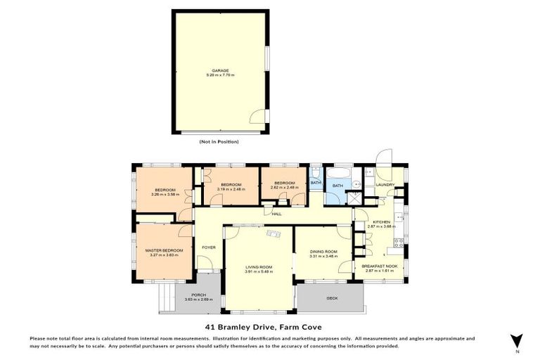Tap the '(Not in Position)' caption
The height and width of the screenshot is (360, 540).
219,142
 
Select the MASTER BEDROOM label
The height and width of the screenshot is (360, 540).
164,250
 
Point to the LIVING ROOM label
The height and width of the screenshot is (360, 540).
259,267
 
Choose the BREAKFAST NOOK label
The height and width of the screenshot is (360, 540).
380,266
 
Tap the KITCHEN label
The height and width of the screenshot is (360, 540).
382,221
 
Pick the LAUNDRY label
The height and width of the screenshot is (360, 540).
385,185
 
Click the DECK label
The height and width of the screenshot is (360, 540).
332,298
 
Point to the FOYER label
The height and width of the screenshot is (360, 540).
208,247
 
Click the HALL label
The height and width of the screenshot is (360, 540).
276,214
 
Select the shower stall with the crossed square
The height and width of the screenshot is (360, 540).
357,198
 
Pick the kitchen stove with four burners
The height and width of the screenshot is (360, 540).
399,243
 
